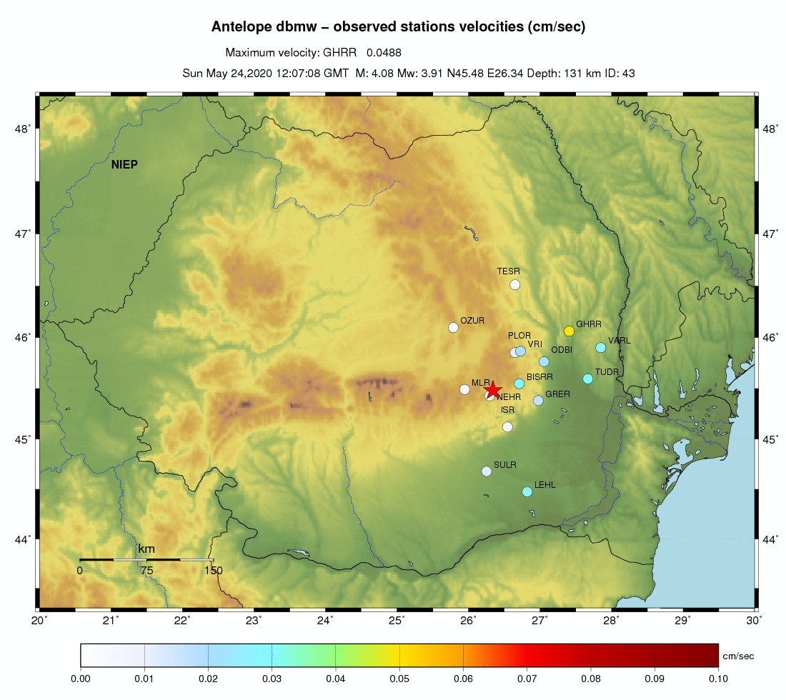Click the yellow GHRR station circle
click(x=569, y=331)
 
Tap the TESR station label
click(x=509, y=271)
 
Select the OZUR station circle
click(x=453, y=328)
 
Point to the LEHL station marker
click(x=527, y=491)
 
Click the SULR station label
click(x=504, y=465)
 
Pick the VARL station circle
click(x=600, y=347)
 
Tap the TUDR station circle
click(x=587, y=379)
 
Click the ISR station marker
click(x=507, y=426)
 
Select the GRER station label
click(x=557, y=394)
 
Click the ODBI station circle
click(x=544, y=361)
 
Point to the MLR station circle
click(x=464, y=389)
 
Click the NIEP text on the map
click(x=124, y=165)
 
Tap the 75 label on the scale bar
click(x=146, y=570)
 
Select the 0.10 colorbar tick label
click(x=717, y=679)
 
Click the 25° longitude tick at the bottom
click(x=397, y=619)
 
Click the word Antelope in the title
click(x=240, y=27)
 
